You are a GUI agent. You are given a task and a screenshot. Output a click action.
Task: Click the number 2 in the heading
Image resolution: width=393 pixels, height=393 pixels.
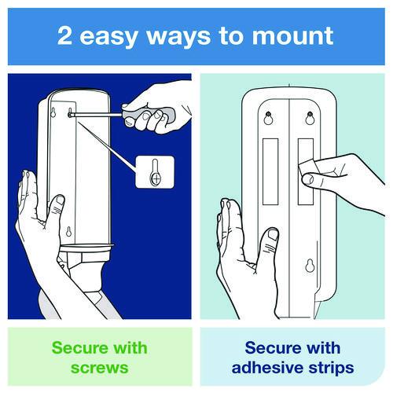[x=64, y=35]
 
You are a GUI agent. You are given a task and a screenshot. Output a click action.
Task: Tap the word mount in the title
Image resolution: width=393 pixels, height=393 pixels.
[x=292, y=36]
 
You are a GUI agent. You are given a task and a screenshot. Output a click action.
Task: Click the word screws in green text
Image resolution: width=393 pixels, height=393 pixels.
[x=100, y=367]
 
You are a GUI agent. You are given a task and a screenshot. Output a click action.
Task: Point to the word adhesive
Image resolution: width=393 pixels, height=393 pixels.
[x=268, y=367]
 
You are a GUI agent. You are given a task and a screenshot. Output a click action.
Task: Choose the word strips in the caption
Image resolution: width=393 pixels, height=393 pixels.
[x=331, y=368]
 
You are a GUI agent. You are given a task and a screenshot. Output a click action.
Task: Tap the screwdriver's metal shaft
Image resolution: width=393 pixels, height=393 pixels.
[x=96, y=114]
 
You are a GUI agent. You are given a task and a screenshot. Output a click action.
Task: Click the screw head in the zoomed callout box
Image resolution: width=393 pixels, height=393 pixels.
[x=156, y=179]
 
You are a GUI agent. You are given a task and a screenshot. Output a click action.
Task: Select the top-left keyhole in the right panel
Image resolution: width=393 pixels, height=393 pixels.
[x=268, y=119]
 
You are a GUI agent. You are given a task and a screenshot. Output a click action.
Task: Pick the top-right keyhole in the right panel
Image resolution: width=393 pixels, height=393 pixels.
[x=310, y=119]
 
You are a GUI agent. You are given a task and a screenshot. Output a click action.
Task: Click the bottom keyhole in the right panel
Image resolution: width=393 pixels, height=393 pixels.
[x=310, y=265]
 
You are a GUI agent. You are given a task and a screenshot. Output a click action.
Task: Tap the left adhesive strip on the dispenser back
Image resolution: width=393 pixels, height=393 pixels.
[x=270, y=171]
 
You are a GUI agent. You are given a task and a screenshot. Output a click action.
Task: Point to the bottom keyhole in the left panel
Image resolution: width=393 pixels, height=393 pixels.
[x=68, y=231]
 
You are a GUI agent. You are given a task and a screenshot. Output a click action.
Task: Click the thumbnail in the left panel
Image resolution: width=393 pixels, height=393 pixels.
[x=61, y=200]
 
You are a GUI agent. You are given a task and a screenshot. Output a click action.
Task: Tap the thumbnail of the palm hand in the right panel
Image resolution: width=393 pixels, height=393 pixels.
[x=274, y=234]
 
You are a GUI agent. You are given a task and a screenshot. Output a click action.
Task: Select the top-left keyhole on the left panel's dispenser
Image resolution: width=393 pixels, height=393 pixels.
[x=53, y=112]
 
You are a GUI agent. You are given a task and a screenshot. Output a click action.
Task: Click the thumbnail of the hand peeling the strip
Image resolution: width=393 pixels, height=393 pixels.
[x=308, y=179]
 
